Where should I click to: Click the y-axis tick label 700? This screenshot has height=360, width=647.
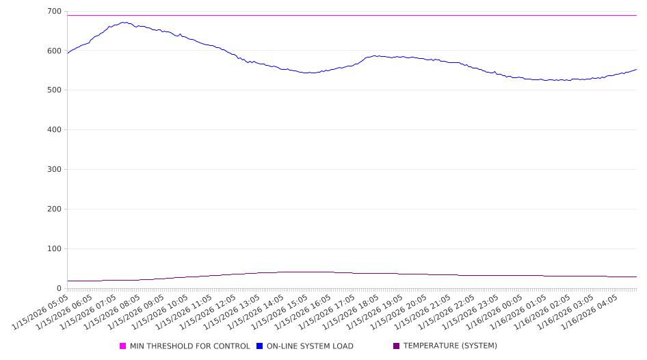point(53,11)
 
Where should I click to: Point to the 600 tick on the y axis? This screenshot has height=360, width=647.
point(53,51)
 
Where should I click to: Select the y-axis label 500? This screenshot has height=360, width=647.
point(53,90)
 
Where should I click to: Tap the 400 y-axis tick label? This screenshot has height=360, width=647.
point(53,130)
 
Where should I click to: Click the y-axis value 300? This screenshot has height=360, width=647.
point(53,170)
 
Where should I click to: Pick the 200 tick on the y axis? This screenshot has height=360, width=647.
point(53,209)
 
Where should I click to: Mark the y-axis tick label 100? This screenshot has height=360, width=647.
point(53,249)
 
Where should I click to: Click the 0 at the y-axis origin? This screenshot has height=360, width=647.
point(59,288)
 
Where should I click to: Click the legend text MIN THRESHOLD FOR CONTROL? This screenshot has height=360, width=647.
point(189,346)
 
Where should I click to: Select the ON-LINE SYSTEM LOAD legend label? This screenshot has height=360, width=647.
point(310,346)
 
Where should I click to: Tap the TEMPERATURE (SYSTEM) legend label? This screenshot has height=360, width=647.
point(450,346)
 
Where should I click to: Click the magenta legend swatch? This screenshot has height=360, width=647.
point(123,346)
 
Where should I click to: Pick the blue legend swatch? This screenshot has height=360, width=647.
point(260,346)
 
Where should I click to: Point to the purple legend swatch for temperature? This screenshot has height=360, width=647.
point(396,346)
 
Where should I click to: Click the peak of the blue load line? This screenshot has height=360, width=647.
point(124,22)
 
